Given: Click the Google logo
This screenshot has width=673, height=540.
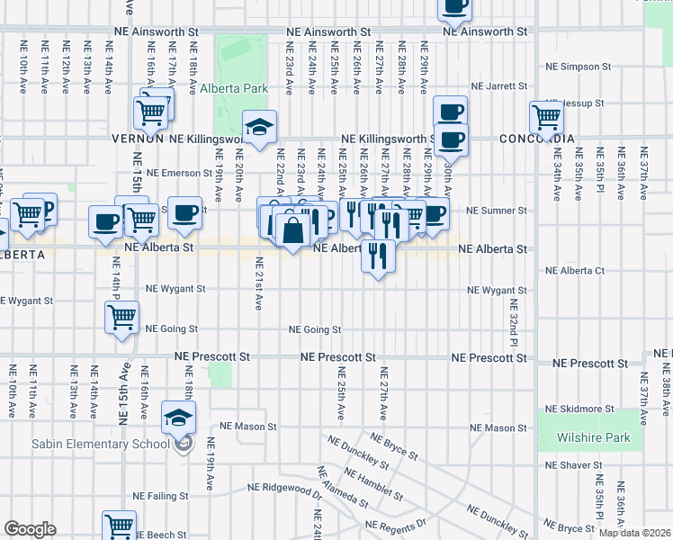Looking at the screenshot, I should pyautogui.click(x=30, y=529).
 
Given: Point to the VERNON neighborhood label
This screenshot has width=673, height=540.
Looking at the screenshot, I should pyautogui.click(x=137, y=139).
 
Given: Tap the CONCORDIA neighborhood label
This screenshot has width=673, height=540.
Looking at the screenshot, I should pyautogui.click(x=537, y=139).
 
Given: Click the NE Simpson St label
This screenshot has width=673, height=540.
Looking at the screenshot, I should pyautogui.click(x=579, y=67).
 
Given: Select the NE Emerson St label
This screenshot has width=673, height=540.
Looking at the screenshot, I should pyautogui.click(x=177, y=173).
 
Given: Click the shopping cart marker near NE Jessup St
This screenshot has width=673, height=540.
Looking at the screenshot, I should pyautogui.click(x=546, y=116).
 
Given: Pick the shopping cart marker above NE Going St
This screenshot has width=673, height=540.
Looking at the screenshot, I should pyautogui.click(x=121, y=317).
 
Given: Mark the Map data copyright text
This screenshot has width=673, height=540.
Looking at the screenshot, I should pyautogui.click(x=635, y=533).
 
